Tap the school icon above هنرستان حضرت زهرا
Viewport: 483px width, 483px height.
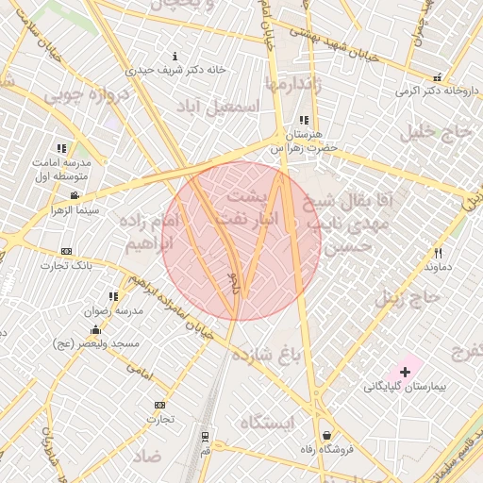(303, 121)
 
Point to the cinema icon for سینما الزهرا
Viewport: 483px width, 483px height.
(75, 195)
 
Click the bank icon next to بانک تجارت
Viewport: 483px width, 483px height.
(65, 251)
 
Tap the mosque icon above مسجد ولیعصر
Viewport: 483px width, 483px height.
(95, 330)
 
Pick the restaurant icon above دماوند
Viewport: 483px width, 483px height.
(438, 253)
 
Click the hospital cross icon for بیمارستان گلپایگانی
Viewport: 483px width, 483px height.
(406, 373)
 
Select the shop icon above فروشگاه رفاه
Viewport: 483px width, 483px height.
(326, 436)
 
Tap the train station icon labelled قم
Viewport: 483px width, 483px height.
(205, 437)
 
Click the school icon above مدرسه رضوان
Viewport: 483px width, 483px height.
(114, 296)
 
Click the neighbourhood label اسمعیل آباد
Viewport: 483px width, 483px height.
(225, 107)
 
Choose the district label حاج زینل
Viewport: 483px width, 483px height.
(408, 299)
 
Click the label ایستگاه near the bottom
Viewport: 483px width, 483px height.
(267, 421)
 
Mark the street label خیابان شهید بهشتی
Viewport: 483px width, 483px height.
(343, 41)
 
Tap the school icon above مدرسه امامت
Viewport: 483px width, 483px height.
(61, 148)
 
